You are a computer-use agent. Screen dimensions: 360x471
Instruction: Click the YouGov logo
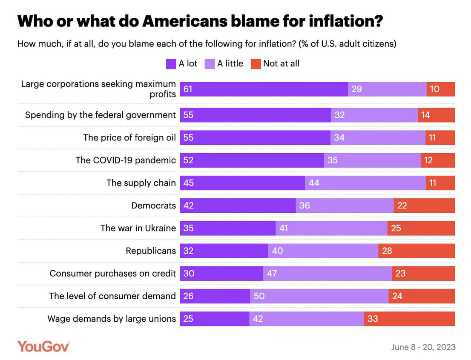click(x=43, y=346)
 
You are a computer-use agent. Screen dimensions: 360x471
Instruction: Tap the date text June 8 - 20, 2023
click(x=423, y=347)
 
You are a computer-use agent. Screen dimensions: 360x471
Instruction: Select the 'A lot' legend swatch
click(x=171, y=64)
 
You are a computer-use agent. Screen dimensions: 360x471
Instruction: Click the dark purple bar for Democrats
click(x=238, y=206)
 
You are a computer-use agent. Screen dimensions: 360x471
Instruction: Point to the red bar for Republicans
click(x=416, y=251)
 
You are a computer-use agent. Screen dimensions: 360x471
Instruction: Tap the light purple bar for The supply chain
click(x=365, y=183)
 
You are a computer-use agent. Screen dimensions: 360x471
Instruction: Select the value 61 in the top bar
click(x=188, y=89)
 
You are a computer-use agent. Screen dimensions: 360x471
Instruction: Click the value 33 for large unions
click(x=373, y=318)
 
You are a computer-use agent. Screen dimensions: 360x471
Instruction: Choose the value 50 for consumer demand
click(x=259, y=296)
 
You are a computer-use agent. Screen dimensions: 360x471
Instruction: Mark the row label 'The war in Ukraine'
click(x=138, y=228)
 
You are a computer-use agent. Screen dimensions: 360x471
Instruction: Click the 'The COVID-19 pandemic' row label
click(x=126, y=160)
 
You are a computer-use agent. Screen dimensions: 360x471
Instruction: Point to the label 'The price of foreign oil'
click(x=129, y=137)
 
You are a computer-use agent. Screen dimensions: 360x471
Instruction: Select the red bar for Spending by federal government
click(x=436, y=115)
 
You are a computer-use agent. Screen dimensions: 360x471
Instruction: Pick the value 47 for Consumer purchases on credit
click(x=272, y=273)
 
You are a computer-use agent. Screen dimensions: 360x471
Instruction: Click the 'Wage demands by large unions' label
click(x=112, y=318)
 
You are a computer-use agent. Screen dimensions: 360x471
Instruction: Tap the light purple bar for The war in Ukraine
click(x=331, y=228)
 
